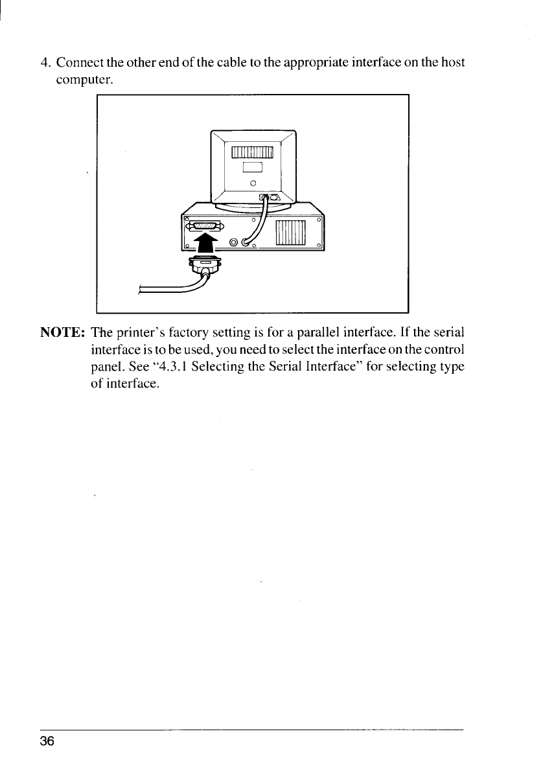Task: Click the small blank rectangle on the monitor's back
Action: pos(252,167)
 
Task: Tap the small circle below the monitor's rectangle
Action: pos(253,183)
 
